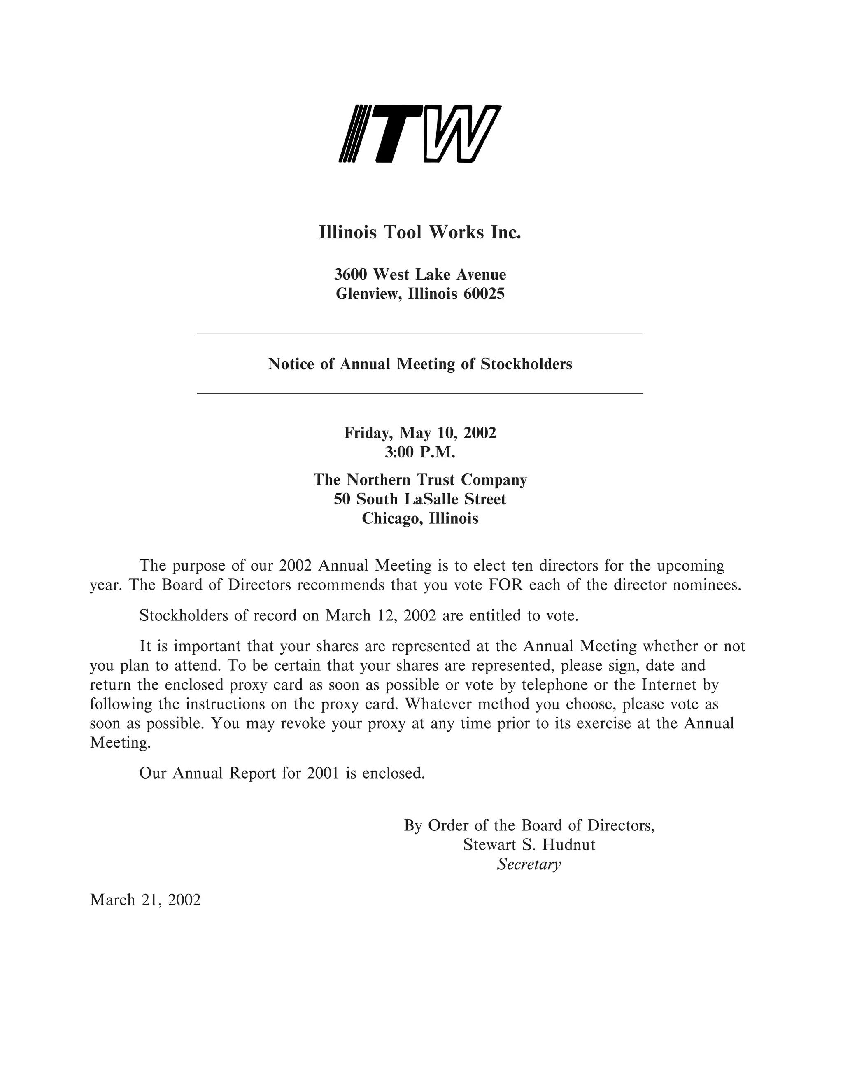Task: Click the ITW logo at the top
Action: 419,134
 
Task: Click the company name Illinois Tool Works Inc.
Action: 419,232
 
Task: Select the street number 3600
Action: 351,274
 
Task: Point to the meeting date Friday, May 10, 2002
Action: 420,432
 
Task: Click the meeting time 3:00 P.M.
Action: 420,452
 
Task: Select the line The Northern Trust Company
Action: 420,480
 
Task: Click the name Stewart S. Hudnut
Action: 529,845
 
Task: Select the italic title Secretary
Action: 529,864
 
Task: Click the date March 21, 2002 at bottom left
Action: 145,900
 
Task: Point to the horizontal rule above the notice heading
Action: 419,333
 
